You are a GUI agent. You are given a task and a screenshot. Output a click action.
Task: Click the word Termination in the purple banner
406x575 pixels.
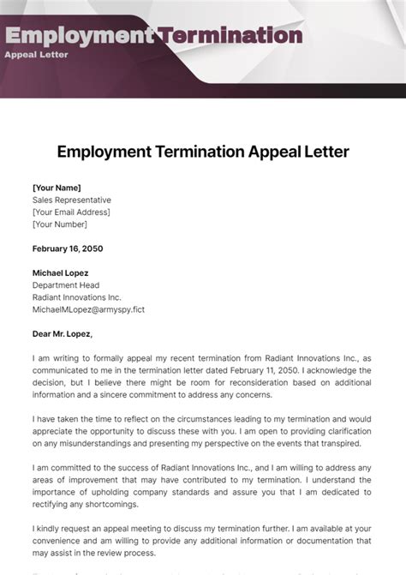[230, 35]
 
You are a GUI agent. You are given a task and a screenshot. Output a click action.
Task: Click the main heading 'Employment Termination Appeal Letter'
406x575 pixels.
[203, 152]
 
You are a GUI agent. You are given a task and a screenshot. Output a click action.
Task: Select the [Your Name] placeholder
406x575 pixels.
[57, 187]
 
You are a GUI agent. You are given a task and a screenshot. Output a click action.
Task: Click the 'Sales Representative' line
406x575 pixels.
[72, 200]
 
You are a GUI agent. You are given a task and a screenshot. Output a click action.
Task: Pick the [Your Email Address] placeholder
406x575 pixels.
[71, 212]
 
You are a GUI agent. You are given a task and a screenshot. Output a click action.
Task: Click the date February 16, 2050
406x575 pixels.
[67, 249]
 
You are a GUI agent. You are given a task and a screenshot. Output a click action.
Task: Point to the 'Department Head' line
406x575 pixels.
[66, 285]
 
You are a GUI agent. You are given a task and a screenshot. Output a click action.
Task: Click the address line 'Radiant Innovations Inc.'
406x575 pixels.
[77, 297]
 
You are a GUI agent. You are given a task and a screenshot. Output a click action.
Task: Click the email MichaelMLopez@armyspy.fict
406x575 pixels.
[88, 309]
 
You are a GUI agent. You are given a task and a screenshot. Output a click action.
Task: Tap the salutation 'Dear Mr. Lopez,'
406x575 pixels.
[63, 334]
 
